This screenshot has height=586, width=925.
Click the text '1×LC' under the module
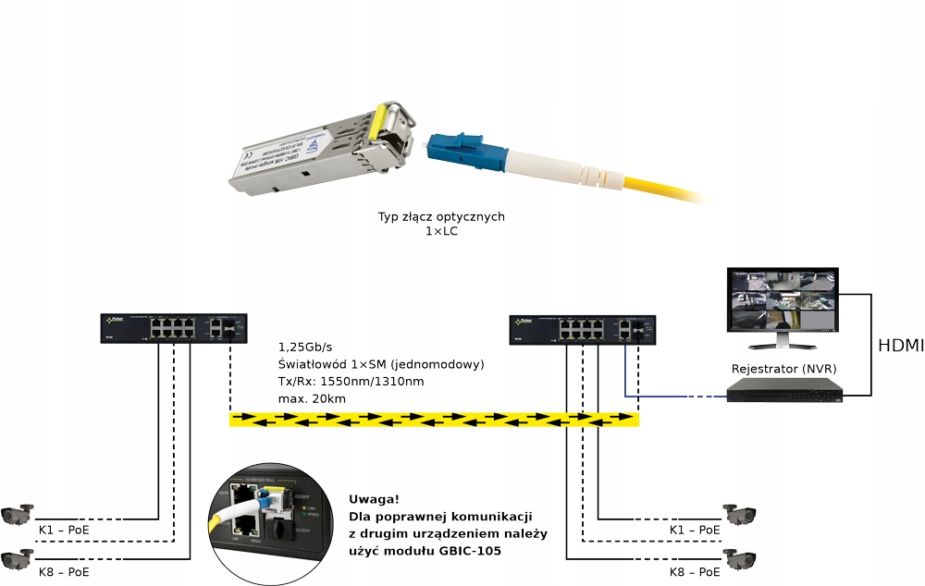click(441, 231)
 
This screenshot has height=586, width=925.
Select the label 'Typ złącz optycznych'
click(441, 216)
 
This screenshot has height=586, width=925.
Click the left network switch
click(174, 328)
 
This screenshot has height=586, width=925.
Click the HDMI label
click(900, 347)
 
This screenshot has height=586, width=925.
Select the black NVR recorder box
click(784, 393)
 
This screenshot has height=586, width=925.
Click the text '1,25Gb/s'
click(307, 348)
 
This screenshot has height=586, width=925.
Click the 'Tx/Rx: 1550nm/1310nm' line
click(352, 382)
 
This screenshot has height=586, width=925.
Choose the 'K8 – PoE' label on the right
click(695, 573)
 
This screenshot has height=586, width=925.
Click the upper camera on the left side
click(18, 514)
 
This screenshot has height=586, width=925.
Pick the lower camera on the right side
click(741, 557)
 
